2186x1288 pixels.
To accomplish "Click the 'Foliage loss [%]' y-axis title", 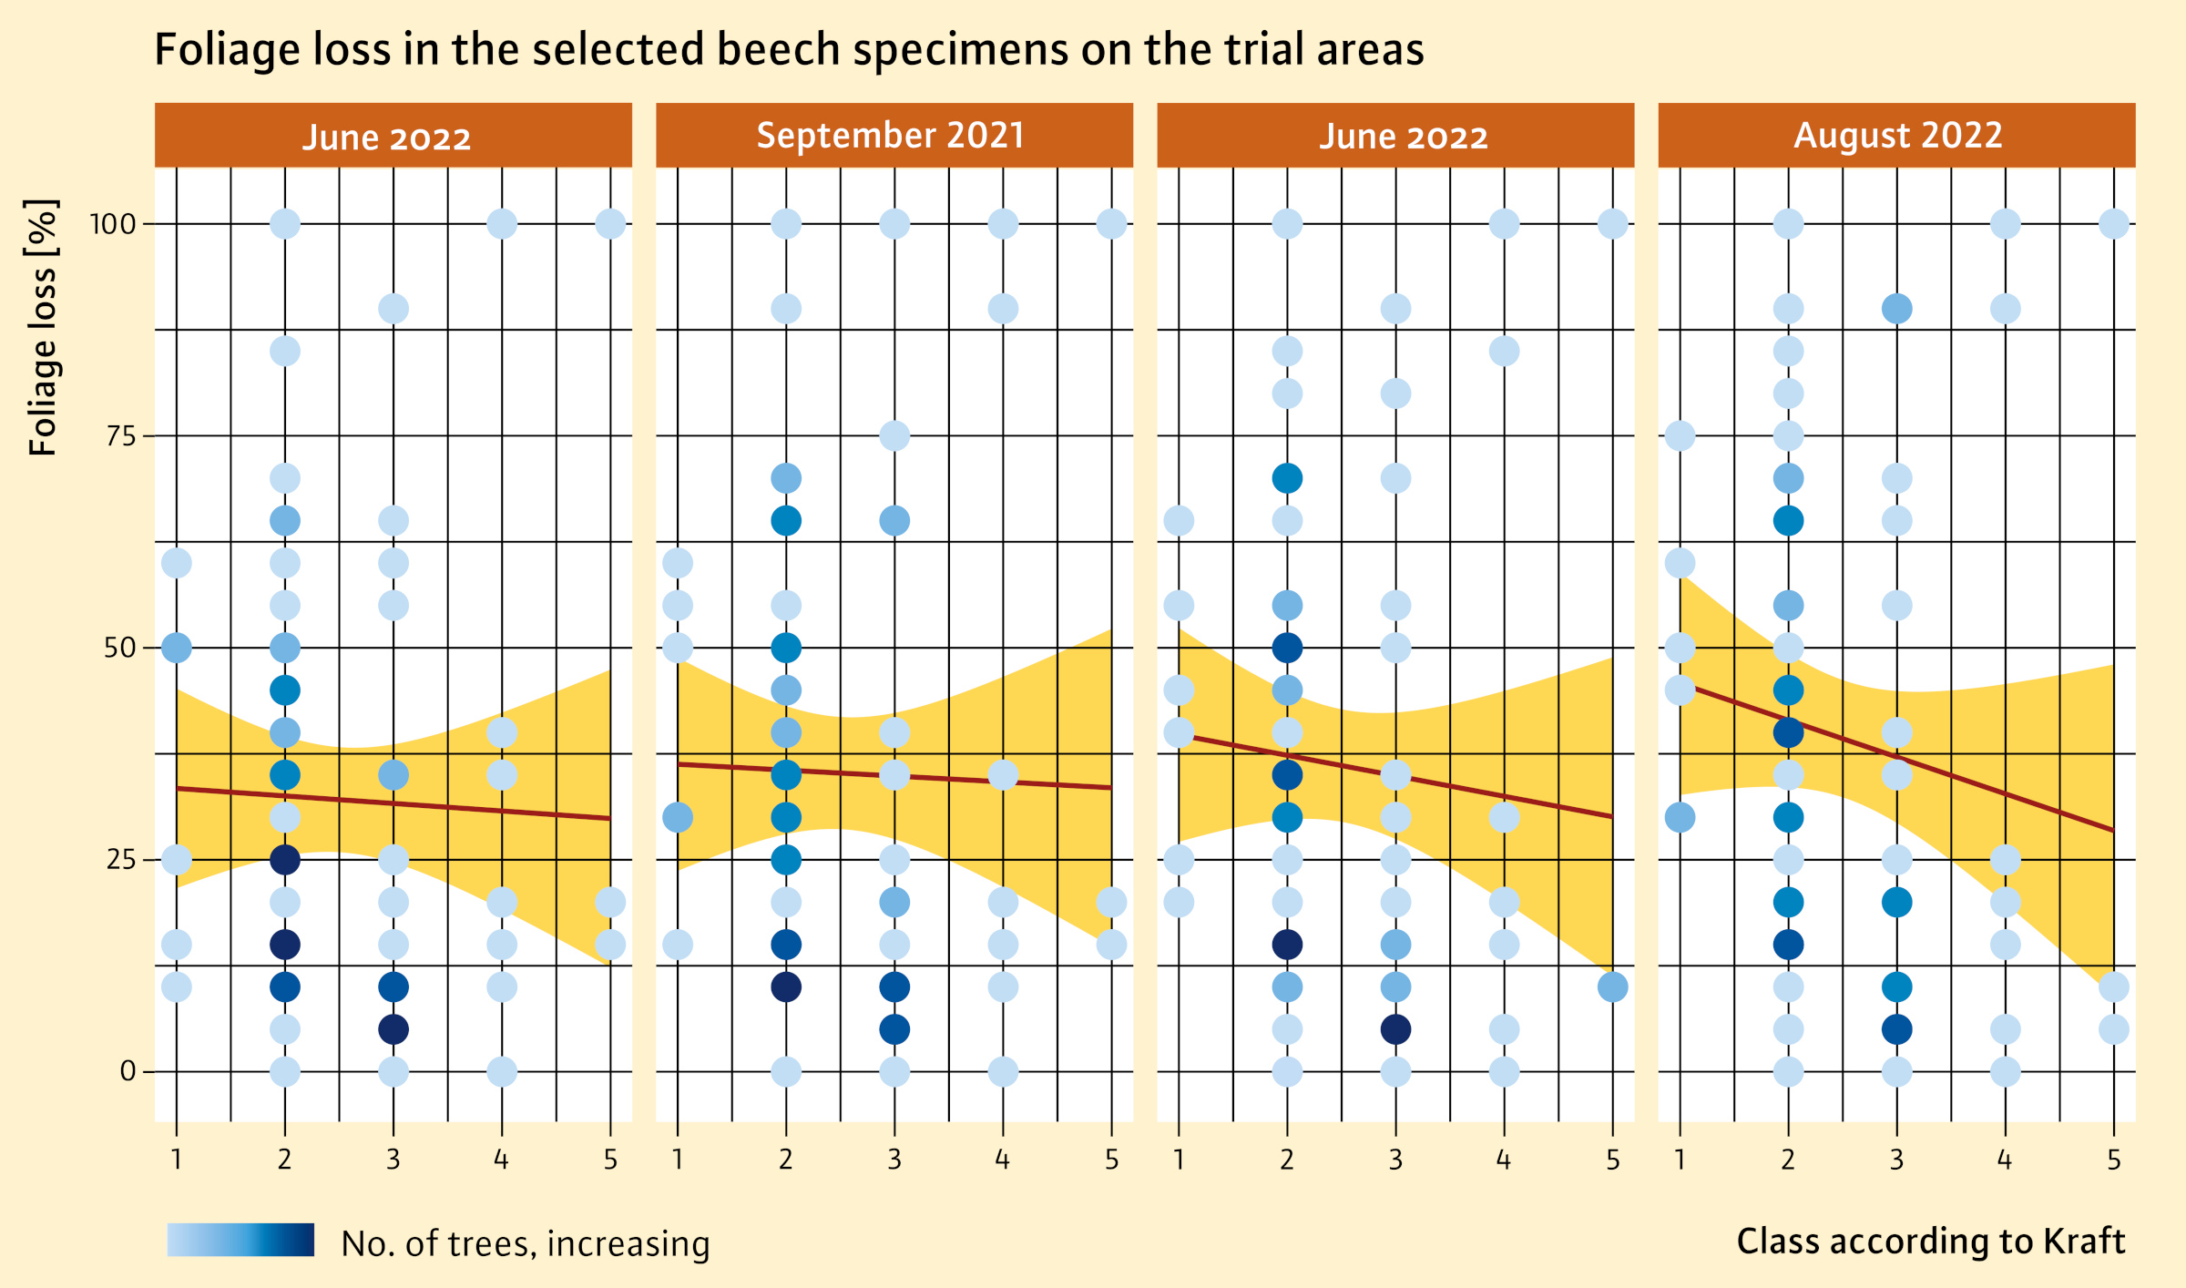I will pos(43,328).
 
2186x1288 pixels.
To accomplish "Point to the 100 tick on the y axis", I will pos(112,224).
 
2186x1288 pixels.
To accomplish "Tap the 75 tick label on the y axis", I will pos(120,436).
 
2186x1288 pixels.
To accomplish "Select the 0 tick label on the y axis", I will pos(128,1072).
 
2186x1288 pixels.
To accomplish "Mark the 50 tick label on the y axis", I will pos(119,649).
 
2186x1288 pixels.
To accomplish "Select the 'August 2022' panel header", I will pos(1897,136).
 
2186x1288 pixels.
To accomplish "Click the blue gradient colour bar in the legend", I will pos(240,1240).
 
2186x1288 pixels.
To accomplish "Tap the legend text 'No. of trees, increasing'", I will pos(525,1243).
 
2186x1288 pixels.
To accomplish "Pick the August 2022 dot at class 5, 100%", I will pos(2113,223).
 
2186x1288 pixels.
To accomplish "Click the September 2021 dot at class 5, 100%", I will pos(1111,223).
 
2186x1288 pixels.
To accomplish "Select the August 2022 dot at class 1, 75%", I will pos(1680,435).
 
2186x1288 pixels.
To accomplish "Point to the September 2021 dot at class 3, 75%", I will pos(894,435).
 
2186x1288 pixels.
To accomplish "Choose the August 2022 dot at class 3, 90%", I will pos(1896,309).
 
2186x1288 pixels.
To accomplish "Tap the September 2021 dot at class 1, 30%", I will pos(678,818).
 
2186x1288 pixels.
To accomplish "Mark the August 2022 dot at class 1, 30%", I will pos(1680,818).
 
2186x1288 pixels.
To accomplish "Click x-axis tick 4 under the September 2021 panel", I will pos(1002,1160).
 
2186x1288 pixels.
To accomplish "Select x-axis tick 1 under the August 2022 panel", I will pos(1680,1160).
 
